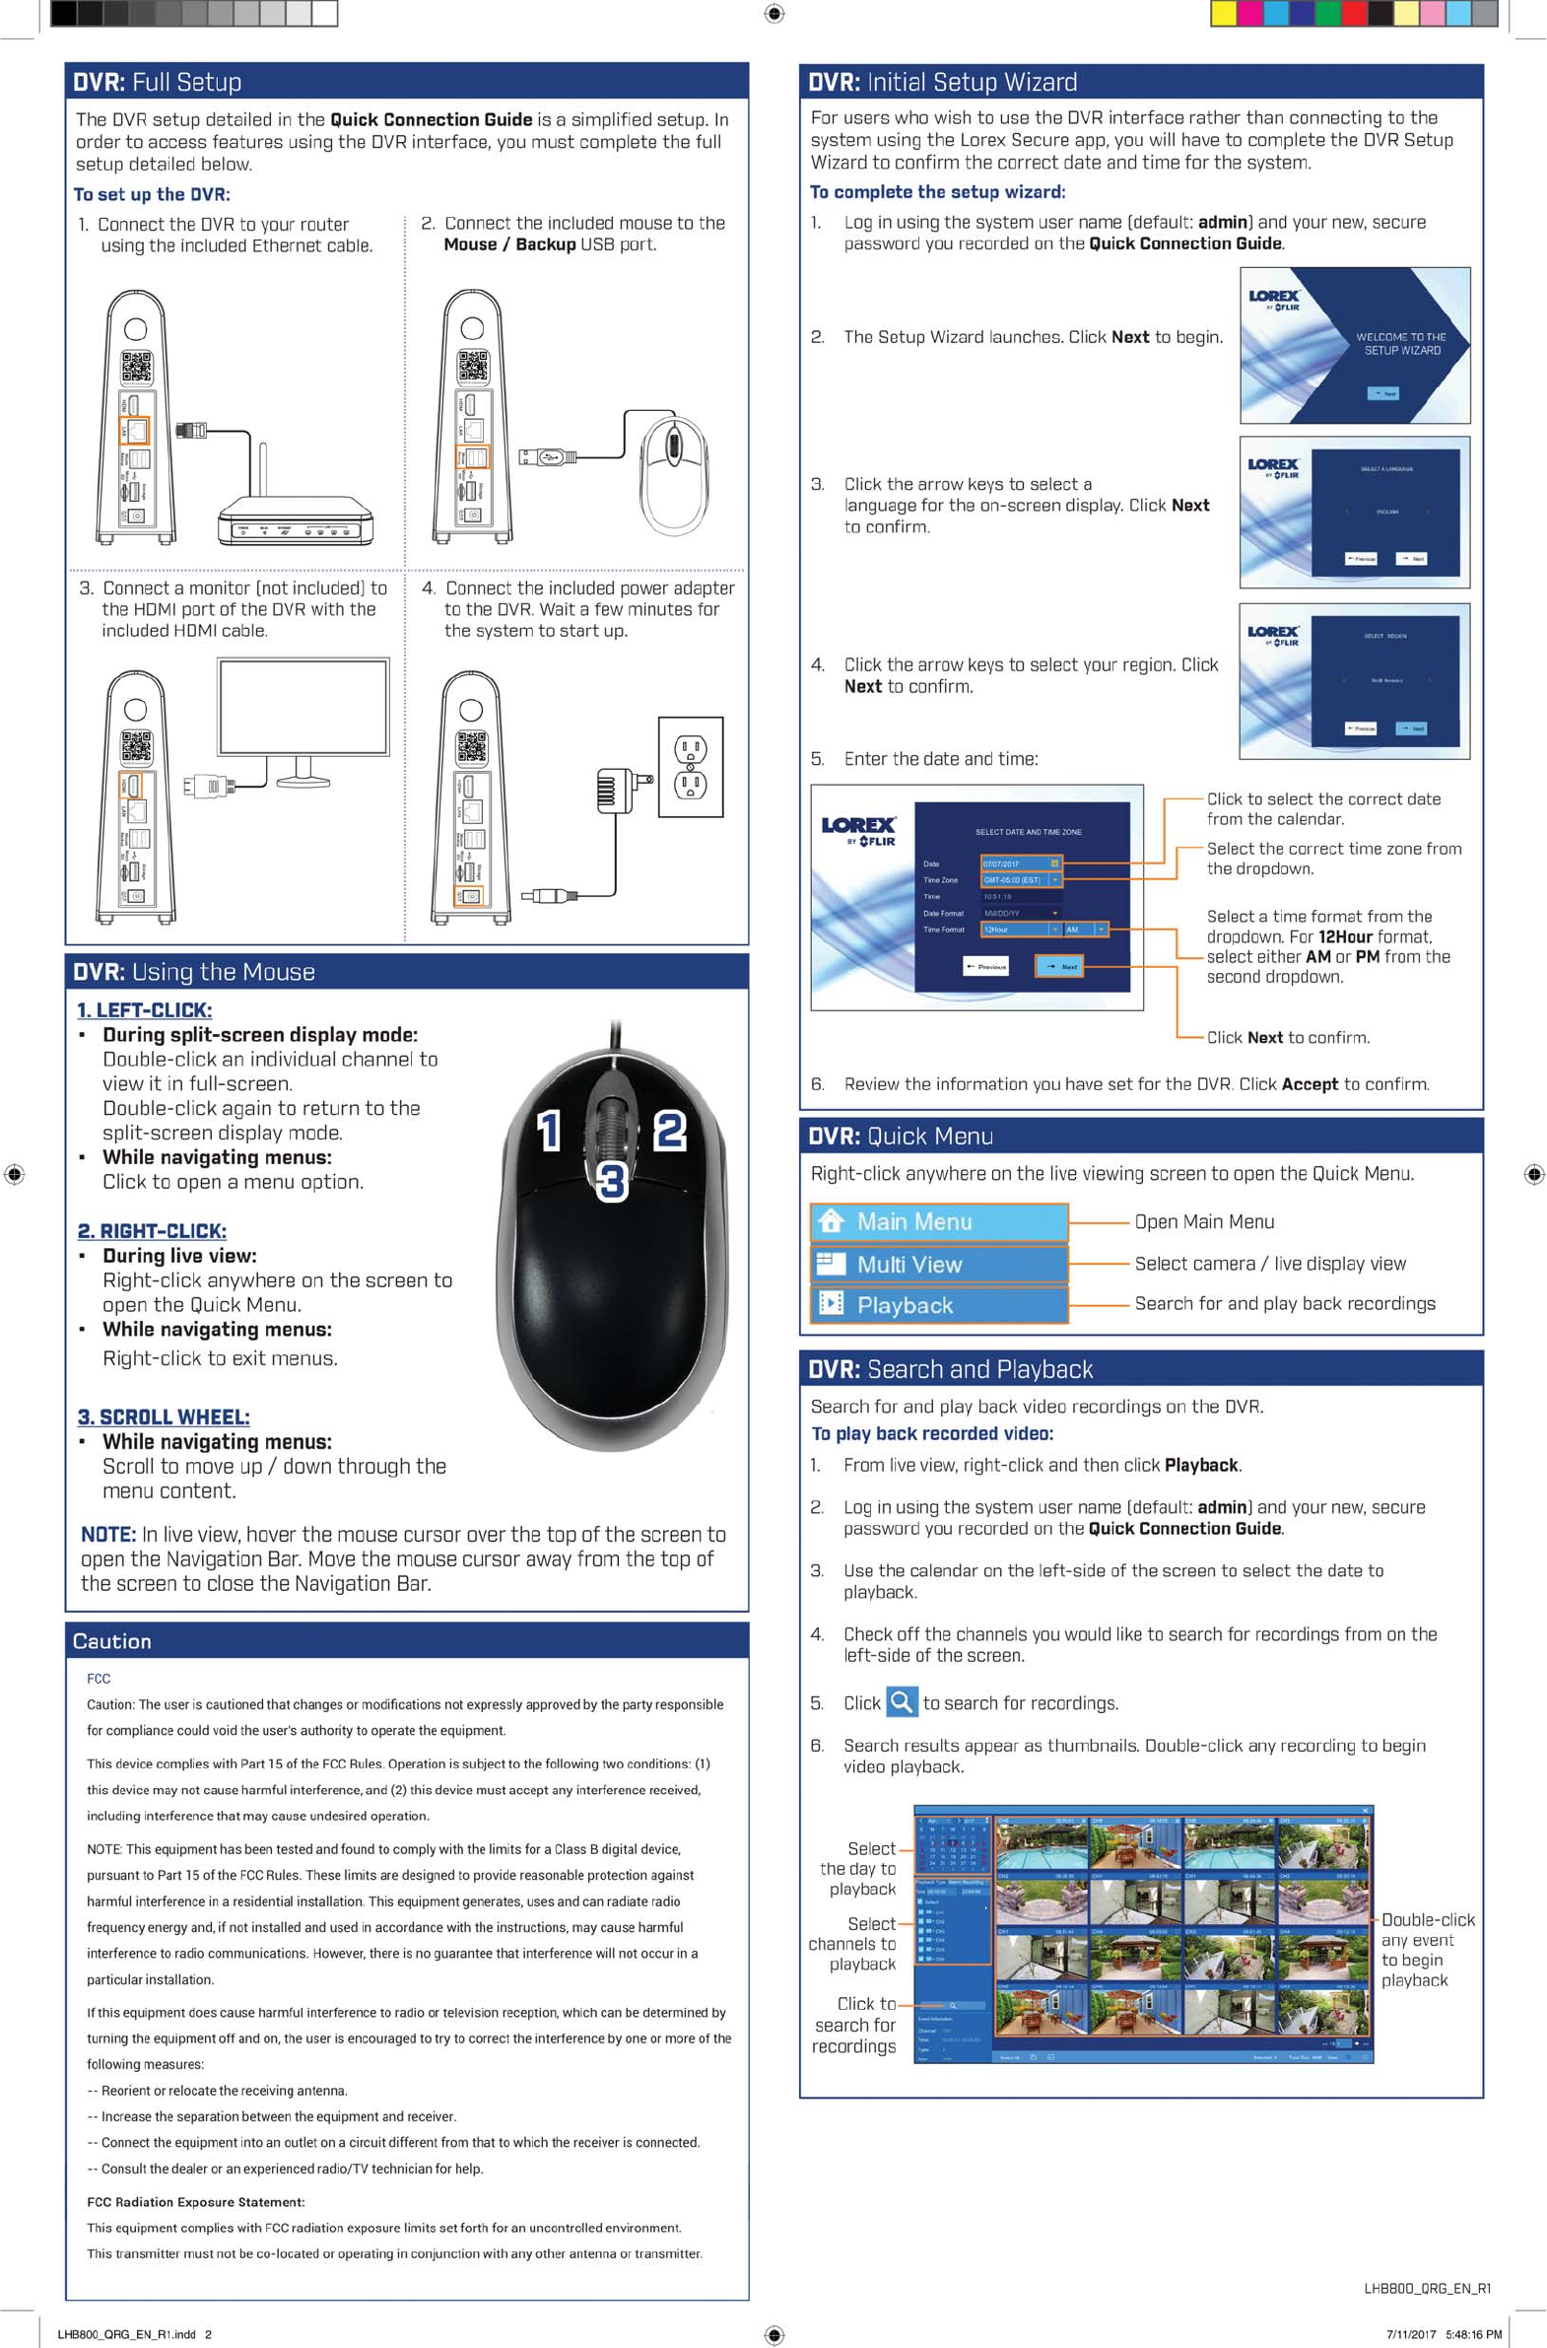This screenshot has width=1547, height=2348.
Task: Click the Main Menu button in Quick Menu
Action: [938, 1222]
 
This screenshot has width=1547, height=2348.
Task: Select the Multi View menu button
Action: [938, 1265]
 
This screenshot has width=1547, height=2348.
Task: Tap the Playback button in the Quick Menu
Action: [938, 1305]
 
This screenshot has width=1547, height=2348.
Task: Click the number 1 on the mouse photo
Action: [549, 1131]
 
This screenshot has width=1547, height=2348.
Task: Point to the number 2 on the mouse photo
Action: [670, 1131]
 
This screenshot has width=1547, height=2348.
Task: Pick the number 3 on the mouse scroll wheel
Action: [612, 1181]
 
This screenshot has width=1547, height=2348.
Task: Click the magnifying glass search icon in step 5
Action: [901, 1702]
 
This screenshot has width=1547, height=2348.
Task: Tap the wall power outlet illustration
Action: [691, 768]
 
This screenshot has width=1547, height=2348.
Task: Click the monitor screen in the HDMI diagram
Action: [303, 708]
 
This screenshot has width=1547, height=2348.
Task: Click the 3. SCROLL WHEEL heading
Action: [164, 1417]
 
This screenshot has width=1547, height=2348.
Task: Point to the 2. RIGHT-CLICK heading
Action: [152, 1231]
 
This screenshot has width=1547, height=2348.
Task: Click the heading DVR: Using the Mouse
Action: [194, 972]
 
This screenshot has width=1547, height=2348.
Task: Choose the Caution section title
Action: [111, 1641]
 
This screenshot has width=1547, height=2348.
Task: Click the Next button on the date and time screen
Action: [1058, 966]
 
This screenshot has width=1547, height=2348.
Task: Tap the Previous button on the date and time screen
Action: [985, 966]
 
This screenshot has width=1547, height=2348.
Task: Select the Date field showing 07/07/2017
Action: [1020, 863]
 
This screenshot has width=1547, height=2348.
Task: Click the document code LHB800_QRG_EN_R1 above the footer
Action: [1427, 2288]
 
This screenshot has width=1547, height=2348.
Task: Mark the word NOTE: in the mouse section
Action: [107, 1535]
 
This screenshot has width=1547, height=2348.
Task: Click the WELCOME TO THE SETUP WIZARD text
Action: [1401, 343]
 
